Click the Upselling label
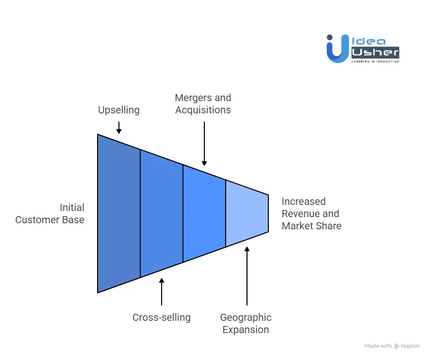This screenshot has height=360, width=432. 118,110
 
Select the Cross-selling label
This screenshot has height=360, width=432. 161,317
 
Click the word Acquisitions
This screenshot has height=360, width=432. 203,110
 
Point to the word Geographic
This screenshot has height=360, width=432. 245,317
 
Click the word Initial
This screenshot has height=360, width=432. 72,207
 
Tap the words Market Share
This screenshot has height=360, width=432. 312,226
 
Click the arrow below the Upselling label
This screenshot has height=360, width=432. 118,127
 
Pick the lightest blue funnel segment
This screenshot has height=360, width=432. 246,214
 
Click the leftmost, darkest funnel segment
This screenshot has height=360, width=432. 119,214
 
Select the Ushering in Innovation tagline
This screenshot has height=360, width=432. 375,61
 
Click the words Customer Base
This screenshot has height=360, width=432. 50,220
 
